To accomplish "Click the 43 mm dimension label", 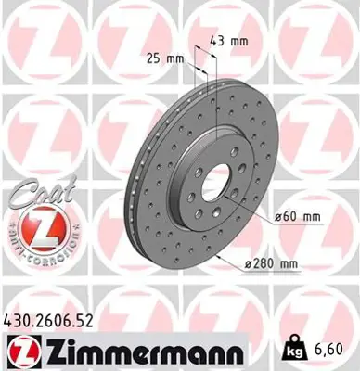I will coord(228,42).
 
